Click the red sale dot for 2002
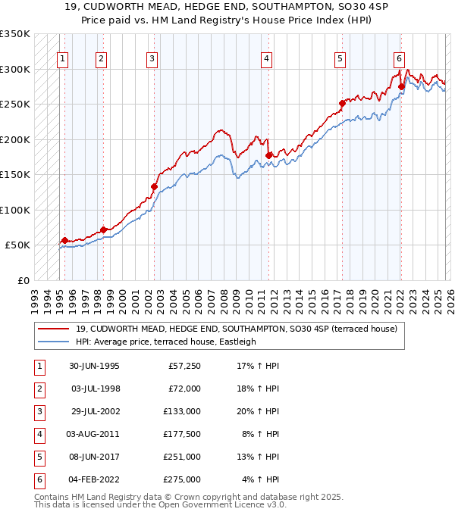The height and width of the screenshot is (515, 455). pos(154,186)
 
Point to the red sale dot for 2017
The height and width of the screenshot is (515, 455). pos(342,103)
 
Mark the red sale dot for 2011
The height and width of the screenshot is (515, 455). pos(268,155)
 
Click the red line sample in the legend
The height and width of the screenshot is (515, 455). pos(53,329)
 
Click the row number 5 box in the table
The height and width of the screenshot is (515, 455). pos(38,457)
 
